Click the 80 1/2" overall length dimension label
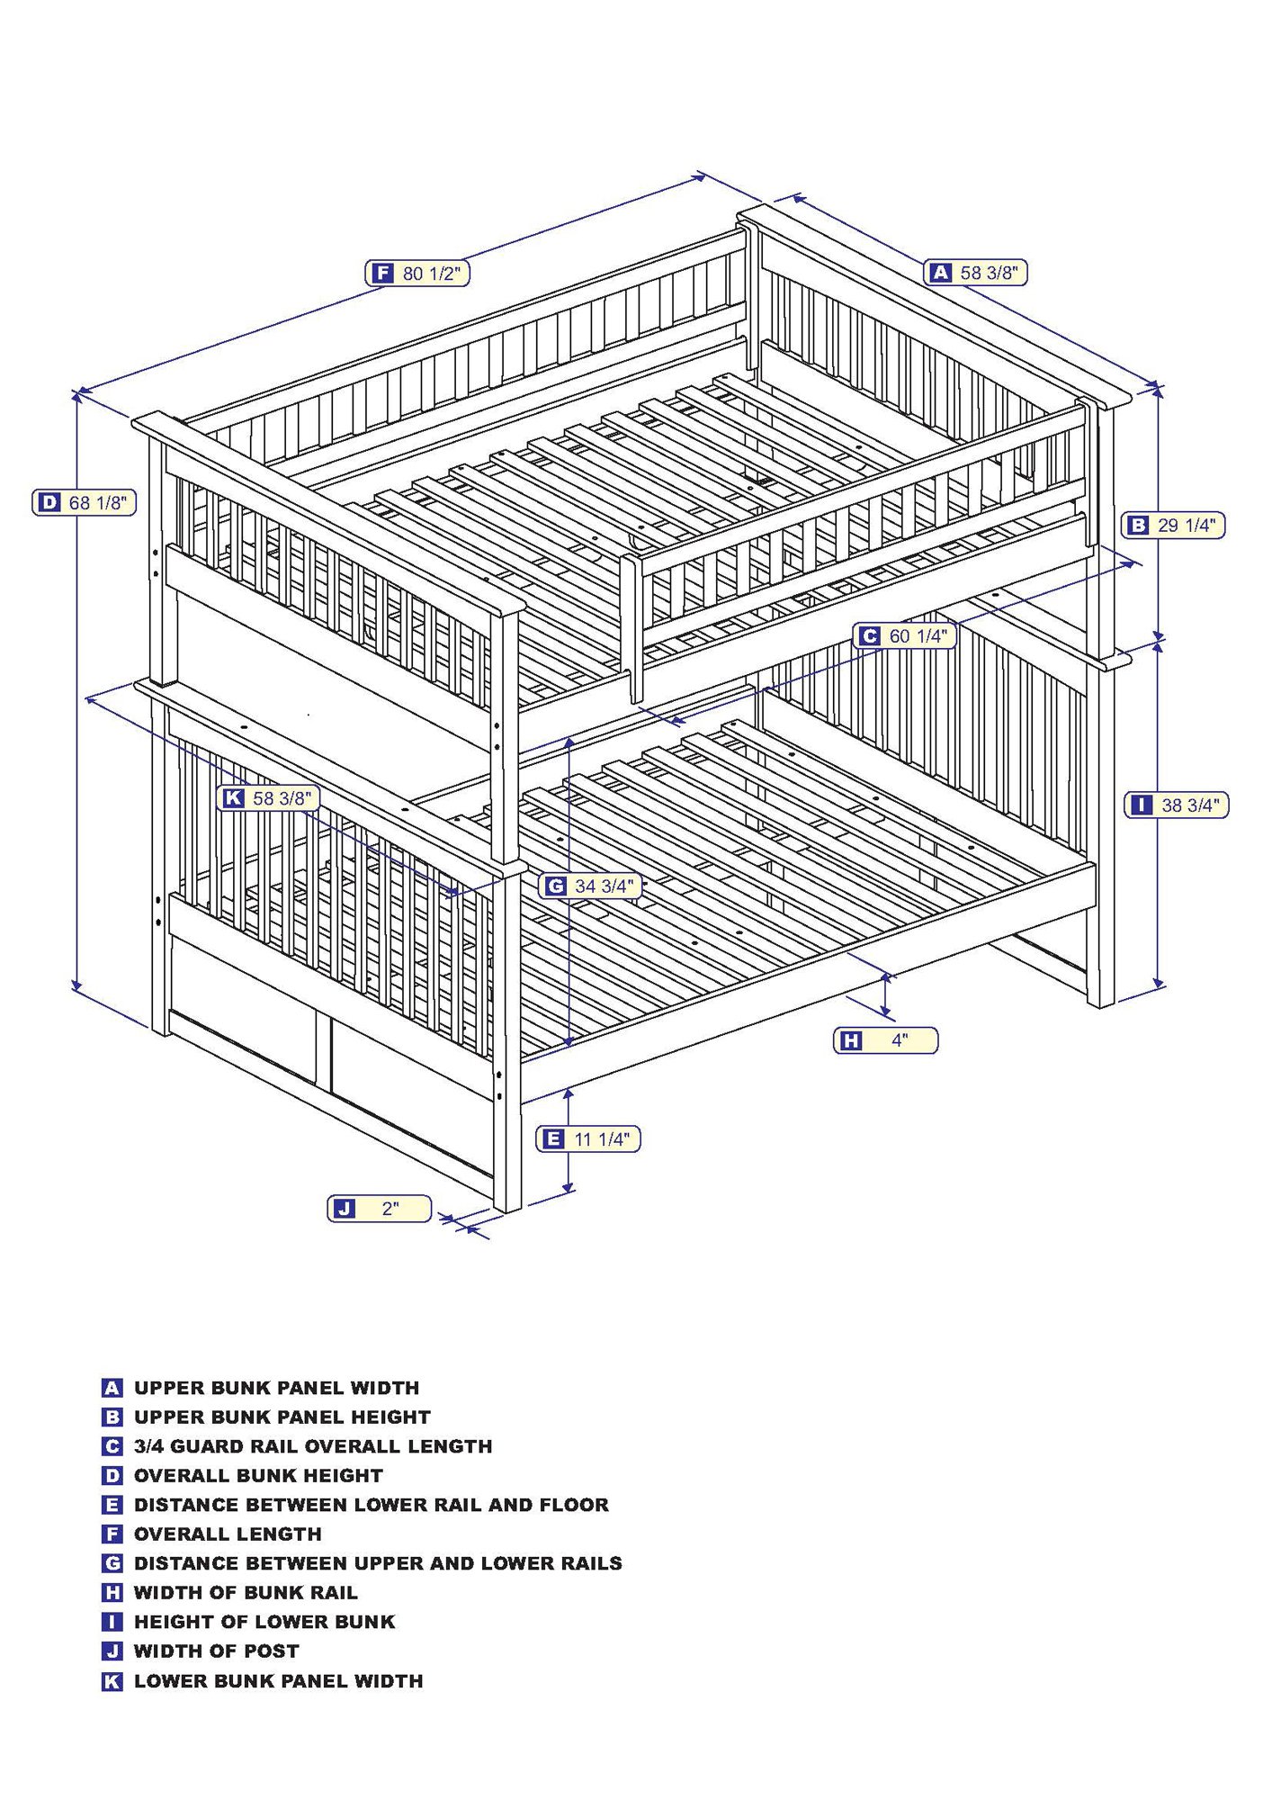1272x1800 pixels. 417,273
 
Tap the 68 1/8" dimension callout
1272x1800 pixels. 85,502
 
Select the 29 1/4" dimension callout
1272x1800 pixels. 1173,525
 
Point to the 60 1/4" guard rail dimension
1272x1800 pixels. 904,636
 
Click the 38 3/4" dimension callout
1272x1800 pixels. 1176,805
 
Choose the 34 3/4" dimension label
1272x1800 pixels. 590,886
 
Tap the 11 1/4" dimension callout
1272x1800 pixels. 588,1138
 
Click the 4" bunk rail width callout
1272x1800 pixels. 885,1040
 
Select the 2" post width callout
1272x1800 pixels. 379,1208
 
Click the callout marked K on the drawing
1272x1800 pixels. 268,797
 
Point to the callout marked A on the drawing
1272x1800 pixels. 975,272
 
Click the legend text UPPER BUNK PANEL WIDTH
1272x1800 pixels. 276,1388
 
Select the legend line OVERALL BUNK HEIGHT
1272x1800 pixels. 258,1475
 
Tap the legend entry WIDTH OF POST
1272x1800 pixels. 216,1651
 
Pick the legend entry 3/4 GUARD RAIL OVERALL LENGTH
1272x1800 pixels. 313,1446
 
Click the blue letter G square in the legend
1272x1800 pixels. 112,1563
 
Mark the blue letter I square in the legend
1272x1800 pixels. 112,1622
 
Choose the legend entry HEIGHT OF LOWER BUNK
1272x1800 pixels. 264,1622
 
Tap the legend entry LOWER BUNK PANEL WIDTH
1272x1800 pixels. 278,1680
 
